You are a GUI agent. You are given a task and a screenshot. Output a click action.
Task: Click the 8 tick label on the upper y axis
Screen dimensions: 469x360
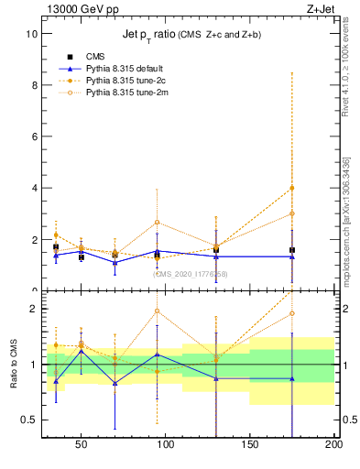[33, 84]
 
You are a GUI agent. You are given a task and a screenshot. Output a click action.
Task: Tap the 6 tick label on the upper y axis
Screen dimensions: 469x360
[33, 136]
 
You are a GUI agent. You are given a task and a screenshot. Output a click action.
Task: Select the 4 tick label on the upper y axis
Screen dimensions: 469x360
[33, 188]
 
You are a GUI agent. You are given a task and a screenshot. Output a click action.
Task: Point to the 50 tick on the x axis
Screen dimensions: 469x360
[81, 444]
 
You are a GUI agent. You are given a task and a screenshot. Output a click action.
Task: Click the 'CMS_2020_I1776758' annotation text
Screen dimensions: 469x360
[190, 273]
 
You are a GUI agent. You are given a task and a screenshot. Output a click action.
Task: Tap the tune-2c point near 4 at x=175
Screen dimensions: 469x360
[292, 188]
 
